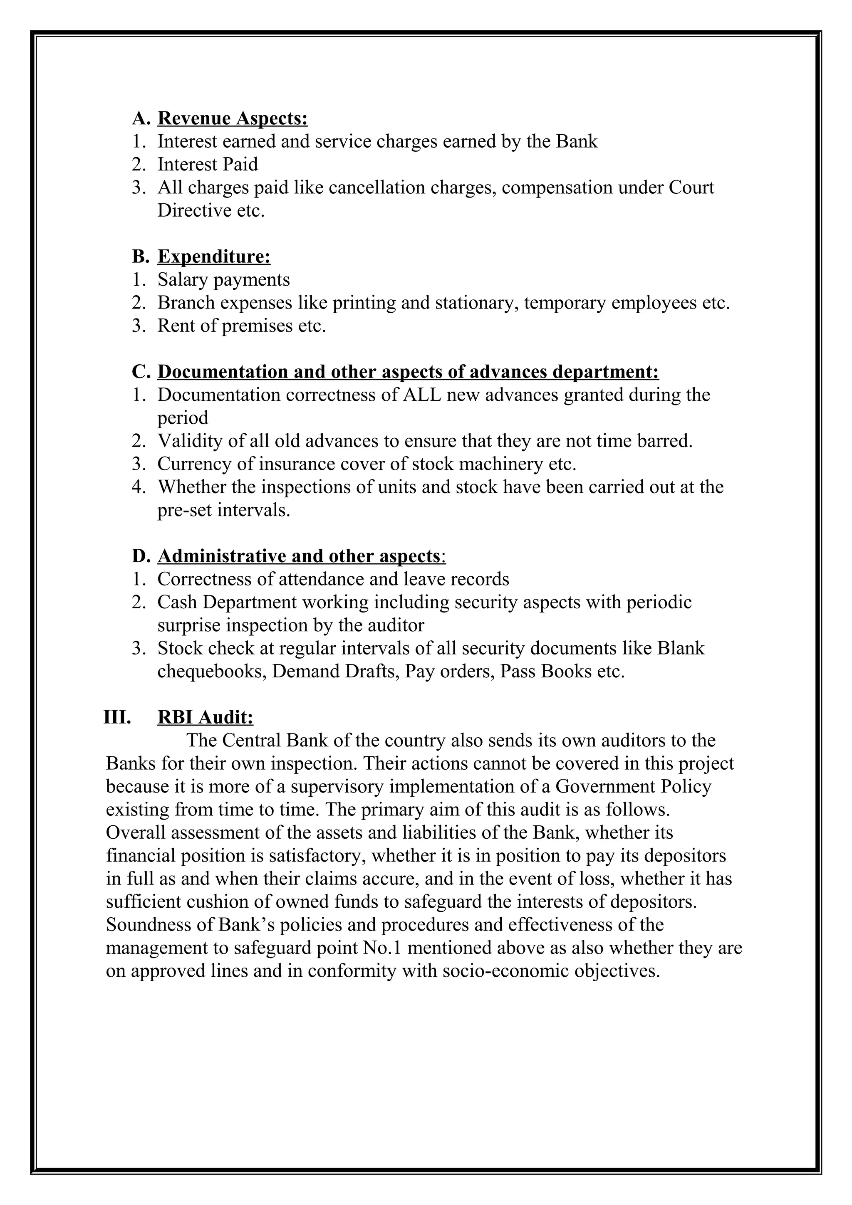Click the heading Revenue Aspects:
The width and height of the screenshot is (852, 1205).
pos(232,119)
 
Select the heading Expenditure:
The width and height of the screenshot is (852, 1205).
pos(214,257)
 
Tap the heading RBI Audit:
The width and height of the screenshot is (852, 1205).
pos(205,717)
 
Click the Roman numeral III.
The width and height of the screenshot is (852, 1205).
pos(117,717)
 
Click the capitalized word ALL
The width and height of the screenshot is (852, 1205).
pos(423,395)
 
